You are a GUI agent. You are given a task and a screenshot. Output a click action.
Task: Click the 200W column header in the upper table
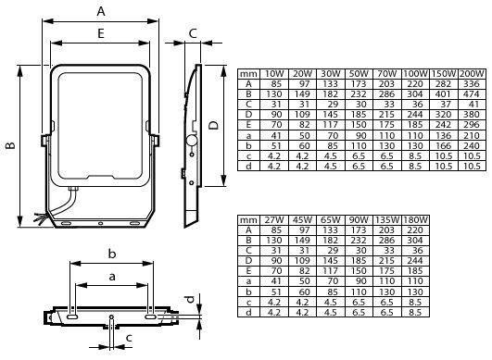[472, 74]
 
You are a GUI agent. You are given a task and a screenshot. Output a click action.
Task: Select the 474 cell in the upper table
[472, 94]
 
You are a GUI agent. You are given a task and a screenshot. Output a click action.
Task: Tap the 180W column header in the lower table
[415, 220]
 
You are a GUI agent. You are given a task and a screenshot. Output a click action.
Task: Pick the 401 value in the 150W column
[443, 94]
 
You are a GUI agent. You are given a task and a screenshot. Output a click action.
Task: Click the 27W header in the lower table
[274, 220]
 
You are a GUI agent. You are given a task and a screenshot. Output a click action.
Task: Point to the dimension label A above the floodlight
[101, 11]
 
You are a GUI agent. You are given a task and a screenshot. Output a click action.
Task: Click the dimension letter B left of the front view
[11, 145]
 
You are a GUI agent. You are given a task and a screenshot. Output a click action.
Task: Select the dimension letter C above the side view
[193, 33]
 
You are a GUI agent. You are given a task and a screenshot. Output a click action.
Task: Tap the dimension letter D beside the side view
[214, 125]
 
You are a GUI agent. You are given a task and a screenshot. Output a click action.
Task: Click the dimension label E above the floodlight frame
[101, 33]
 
